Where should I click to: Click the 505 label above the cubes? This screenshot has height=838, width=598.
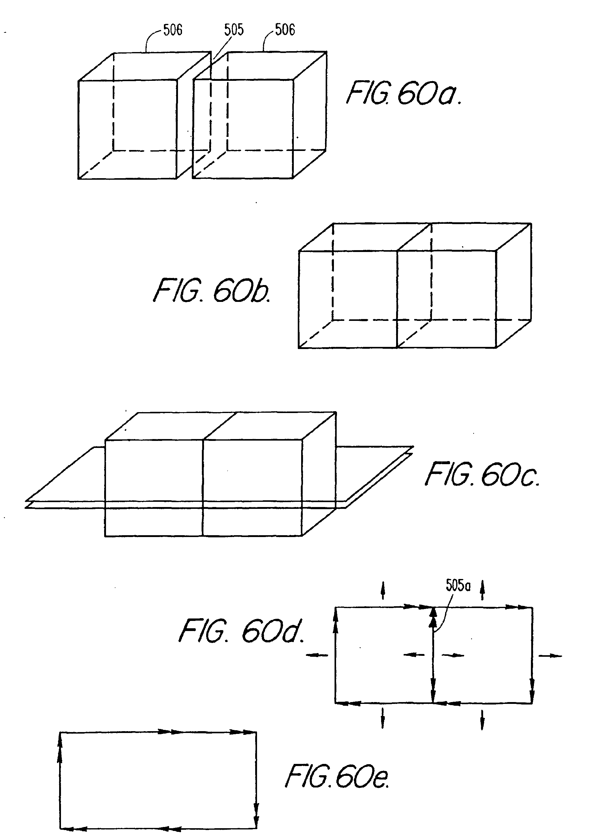(x=234, y=30)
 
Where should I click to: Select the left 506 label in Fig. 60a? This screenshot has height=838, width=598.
(x=173, y=30)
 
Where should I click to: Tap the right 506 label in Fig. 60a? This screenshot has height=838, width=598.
(x=285, y=30)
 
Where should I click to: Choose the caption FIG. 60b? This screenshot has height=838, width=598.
(x=212, y=291)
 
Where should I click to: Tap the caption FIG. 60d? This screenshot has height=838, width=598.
(x=241, y=631)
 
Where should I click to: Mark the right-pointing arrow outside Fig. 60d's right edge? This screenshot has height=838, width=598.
(x=551, y=656)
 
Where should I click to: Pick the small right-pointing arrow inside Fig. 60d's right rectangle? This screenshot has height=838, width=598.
(x=453, y=655)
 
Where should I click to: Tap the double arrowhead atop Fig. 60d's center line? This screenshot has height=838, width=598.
(x=433, y=618)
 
